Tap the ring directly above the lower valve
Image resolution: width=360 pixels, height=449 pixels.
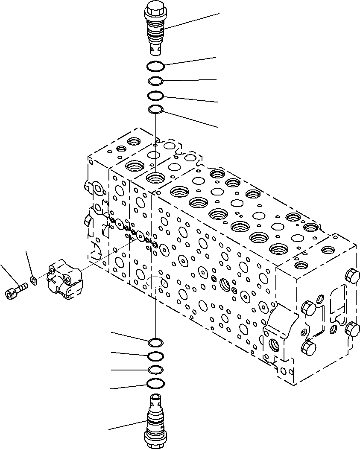tap(155, 384)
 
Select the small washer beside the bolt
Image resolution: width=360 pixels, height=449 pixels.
tap(33, 280)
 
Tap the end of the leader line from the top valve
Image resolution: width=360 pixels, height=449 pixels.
tap(219, 14)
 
